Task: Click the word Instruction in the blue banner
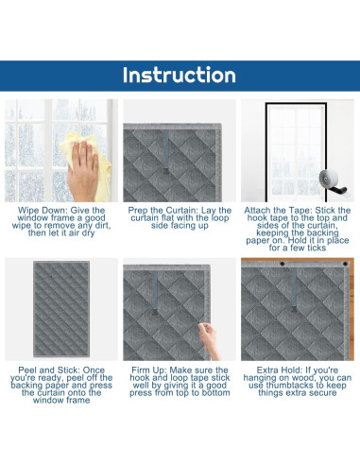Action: tap(180, 75)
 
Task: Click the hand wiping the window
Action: tap(82, 170)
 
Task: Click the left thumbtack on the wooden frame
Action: tap(283, 264)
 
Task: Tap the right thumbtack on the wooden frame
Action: tap(345, 264)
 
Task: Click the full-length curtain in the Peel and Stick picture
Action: tap(61, 309)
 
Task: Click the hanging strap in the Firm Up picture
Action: tap(155, 293)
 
